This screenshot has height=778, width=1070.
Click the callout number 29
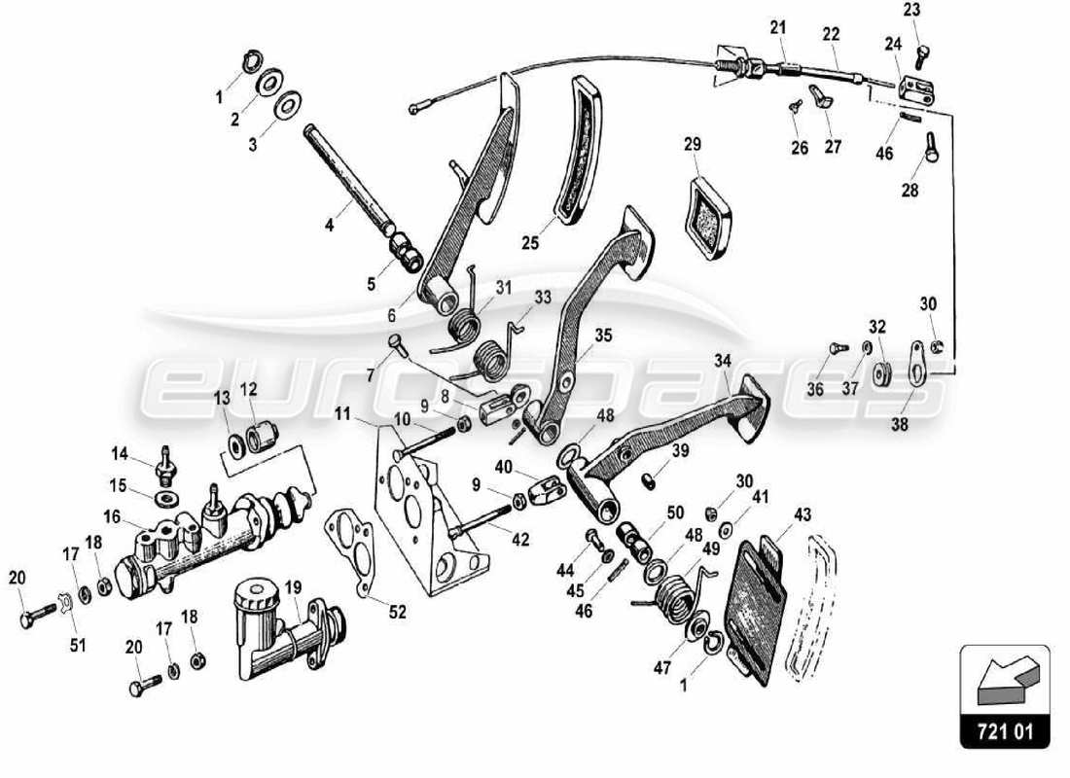point(692,144)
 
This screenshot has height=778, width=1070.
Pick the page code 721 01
point(1005,730)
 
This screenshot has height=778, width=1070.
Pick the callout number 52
point(398,612)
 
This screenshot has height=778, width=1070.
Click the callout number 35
point(604,336)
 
